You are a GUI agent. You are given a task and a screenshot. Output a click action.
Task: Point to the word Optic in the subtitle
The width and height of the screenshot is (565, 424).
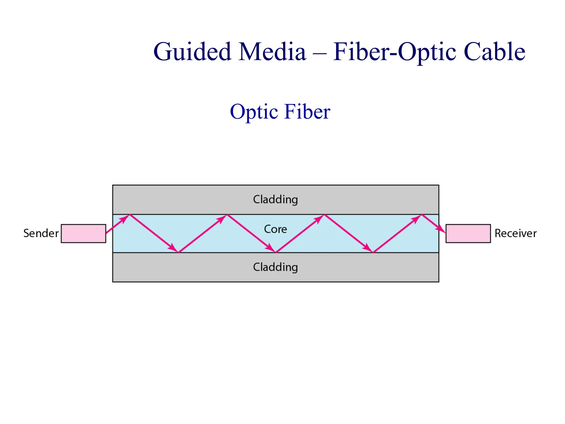(254, 112)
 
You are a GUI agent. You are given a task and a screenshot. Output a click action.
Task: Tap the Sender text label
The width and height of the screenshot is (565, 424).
(41, 233)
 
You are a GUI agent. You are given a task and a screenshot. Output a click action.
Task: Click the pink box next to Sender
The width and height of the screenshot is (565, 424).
(83, 234)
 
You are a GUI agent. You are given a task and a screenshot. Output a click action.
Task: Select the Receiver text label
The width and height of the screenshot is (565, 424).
(515, 233)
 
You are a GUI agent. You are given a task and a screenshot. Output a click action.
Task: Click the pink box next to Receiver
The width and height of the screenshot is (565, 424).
(468, 234)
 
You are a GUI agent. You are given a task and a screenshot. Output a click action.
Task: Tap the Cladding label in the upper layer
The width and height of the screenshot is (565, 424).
(275, 199)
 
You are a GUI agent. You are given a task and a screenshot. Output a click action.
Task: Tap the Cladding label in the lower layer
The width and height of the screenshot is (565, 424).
(275, 267)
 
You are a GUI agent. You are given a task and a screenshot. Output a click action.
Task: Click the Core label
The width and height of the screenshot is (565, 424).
(275, 229)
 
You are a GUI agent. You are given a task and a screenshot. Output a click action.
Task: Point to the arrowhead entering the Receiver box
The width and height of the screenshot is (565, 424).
(441, 230)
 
